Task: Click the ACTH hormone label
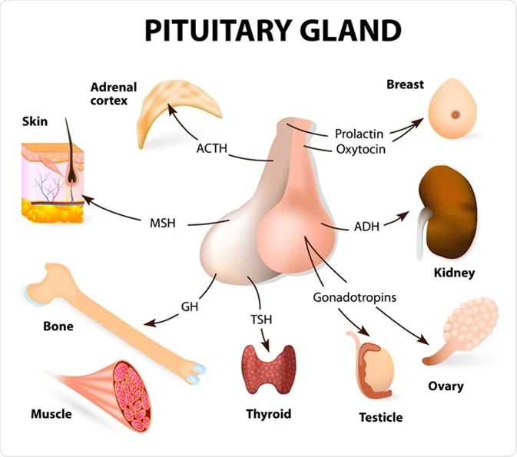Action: point(212,147)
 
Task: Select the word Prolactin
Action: point(359,134)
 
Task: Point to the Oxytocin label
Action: point(360,149)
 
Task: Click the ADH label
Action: point(366,227)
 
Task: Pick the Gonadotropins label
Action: point(354,296)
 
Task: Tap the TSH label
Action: point(261,319)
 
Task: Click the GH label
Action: point(190,306)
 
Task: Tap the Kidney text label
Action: point(454,272)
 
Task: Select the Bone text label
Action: point(58,326)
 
